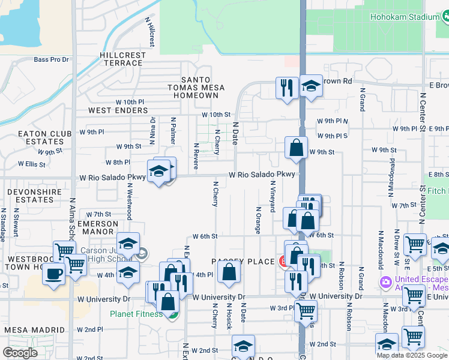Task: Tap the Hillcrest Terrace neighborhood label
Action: coord(123,59)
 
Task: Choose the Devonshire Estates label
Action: coord(30,195)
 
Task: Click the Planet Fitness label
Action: coord(136,313)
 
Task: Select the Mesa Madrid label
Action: coord(35,330)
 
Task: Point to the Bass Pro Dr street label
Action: coord(52,59)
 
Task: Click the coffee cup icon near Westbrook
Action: coord(53,274)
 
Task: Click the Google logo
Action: coord(20,353)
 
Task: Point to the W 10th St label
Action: coord(216,115)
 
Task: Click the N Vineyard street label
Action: coord(272,197)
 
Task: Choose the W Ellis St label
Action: coord(32,163)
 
